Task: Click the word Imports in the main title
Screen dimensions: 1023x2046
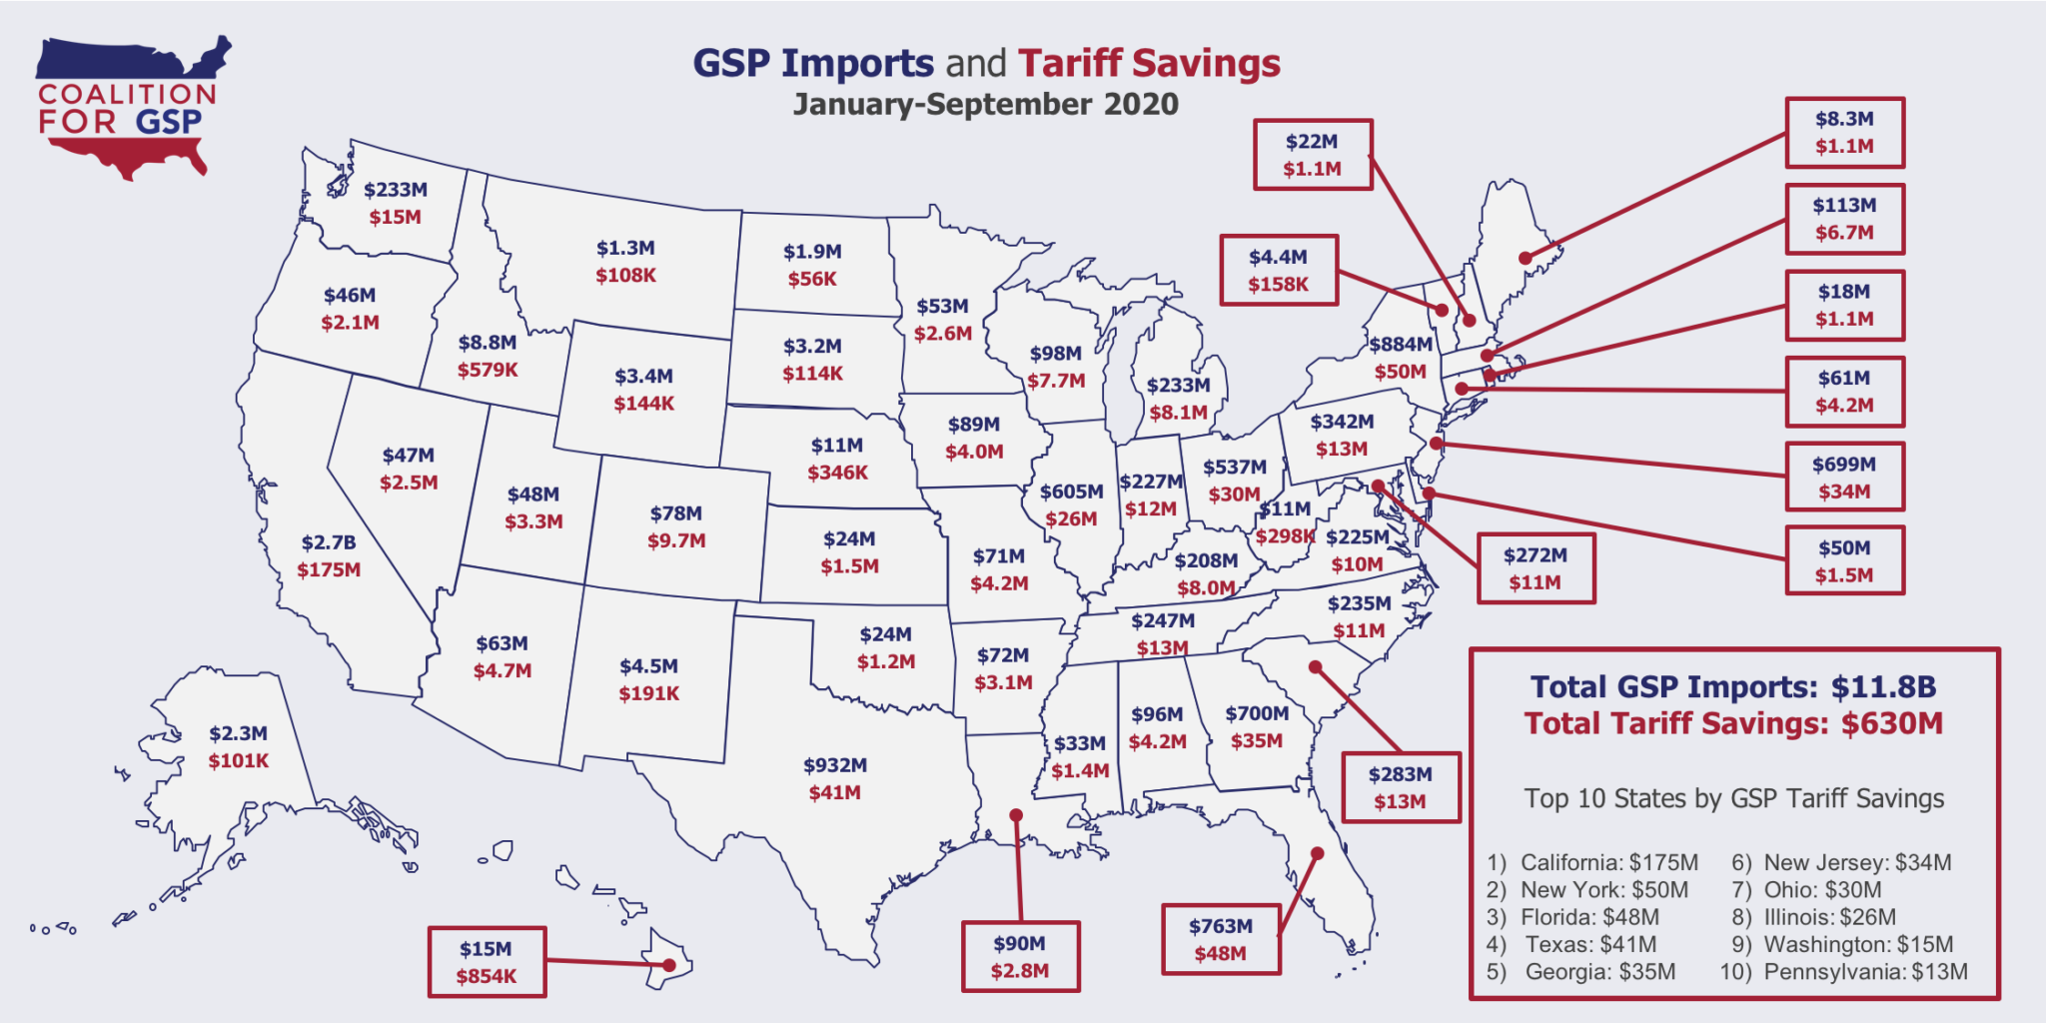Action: pyautogui.click(x=857, y=63)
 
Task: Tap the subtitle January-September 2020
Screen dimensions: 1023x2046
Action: pyautogui.click(x=985, y=105)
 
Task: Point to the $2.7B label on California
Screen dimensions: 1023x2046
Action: pyautogui.click(x=329, y=542)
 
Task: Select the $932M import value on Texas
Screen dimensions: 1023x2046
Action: pyautogui.click(x=835, y=765)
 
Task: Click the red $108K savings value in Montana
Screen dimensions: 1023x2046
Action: pyautogui.click(x=625, y=276)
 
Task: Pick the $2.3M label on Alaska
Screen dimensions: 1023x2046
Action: pyautogui.click(x=238, y=733)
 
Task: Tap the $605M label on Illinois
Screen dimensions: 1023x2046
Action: pyautogui.click(x=1071, y=492)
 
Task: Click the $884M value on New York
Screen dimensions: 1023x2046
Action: pyautogui.click(x=1401, y=345)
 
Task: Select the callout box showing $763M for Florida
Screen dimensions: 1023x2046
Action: pyautogui.click(x=1220, y=939)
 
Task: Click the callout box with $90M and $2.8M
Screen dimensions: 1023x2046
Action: pyautogui.click(x=1020, y=956)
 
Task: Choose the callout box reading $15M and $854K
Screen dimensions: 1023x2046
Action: pyautogui.click(x=487, y=962)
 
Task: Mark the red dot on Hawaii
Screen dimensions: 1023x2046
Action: pyautogui.click(x=669, y=965)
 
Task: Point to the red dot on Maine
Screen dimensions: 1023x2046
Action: pyautogui.click(x=1525, y=258)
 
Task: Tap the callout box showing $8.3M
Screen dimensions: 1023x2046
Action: pyautogui.click(x=1844, y=132)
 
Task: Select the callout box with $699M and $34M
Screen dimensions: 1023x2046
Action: pyautogui.click(x=1844, y=477)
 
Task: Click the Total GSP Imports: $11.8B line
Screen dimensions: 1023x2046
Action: pyautogui.click(x=1733, y=687)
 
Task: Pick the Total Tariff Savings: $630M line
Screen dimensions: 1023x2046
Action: pyautogui.click(x=1733, y=723)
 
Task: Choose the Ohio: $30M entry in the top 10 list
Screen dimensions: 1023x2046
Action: pyautogui.click(x=1822, y=889)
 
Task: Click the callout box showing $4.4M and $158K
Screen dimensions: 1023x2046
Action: pyautogui.click(x=1278, y=270)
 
